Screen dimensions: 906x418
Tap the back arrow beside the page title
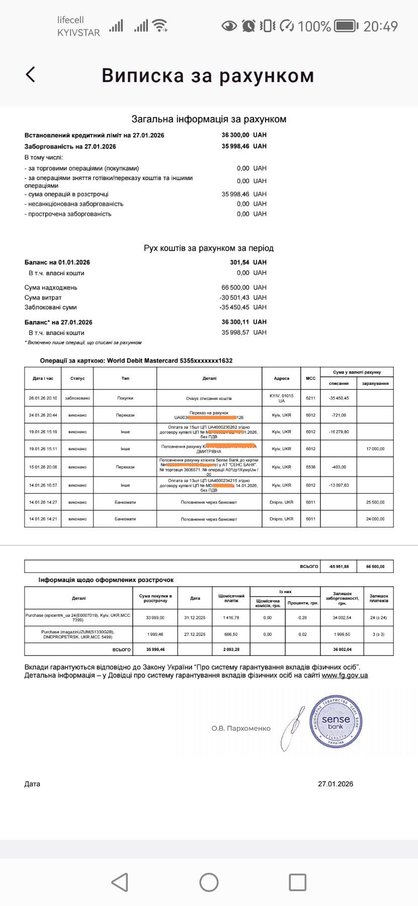click(x=31, y=74)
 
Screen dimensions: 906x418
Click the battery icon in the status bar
click(x=346, y=26)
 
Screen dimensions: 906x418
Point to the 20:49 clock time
click(x=380, y=26)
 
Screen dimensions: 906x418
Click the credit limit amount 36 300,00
click(x=235, y=135)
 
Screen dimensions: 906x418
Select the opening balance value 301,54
click(x=239, y=263)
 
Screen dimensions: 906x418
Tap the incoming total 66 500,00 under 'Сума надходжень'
click(x=235, y=288)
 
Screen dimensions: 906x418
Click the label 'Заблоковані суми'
click(x=51, y=307)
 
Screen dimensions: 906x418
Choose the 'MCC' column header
click(x=310, y=378)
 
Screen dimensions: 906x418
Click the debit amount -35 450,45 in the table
click(x=339, y=398)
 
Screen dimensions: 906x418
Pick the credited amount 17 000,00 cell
click(x=375, y=449)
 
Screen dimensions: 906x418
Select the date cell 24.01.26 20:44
click(x=43, y=416)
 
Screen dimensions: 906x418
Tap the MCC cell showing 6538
click(x=310, y=467)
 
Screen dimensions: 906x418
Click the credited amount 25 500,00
click(x=375, y=503)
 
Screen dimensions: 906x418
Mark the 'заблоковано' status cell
click(x=77, y=398)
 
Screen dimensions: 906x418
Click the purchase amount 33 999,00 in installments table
click(x=155, y=618)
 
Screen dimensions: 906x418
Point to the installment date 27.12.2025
click(x=195, y=634)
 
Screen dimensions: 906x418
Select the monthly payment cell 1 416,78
click(x=231, y=618)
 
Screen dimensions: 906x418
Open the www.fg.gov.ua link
click(x=345, y=676)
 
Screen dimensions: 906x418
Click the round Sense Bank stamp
click(x=336, y=721)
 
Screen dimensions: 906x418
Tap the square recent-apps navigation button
click(x=297, y=882)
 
